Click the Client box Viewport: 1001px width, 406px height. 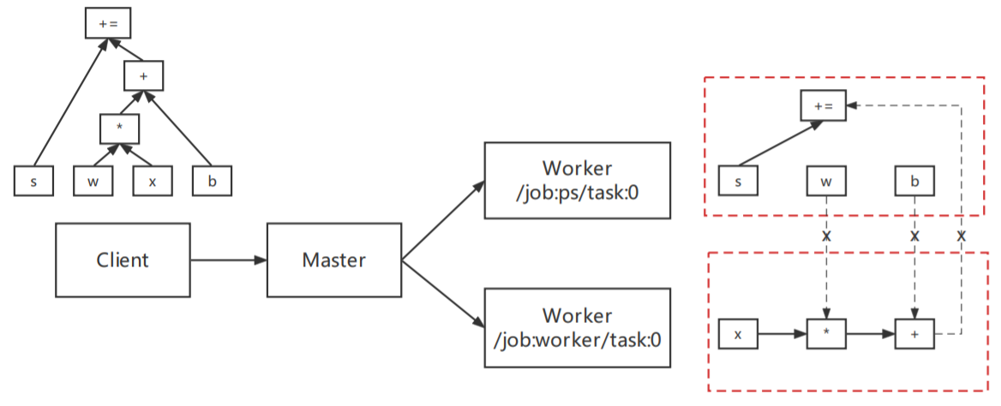(123, 260)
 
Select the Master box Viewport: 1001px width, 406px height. (334, 260)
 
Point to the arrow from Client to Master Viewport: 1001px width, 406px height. (228, 260)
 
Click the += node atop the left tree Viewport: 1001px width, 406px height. (108, 23)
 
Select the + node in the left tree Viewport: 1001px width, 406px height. (142, 77)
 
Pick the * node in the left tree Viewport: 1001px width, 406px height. (119, 128)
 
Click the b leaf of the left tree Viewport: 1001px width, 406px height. (212, 182)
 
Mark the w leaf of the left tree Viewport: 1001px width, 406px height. (93, 182)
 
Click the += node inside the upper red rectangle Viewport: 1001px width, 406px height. (823, 106)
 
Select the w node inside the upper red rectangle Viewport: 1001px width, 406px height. (826, 181)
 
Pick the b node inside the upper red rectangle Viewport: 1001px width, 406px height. (914, 181)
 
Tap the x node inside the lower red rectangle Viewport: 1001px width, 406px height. (738, 334)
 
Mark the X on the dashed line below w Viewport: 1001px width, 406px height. (826, 235)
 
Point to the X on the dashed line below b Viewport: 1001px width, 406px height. (914, 235)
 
